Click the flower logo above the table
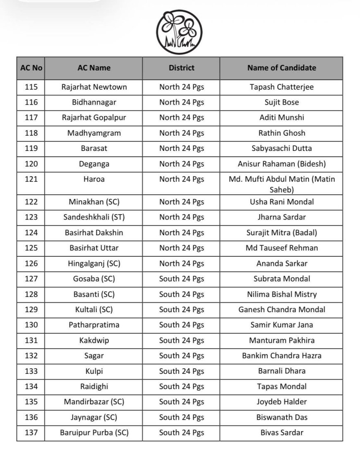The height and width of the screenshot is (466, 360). [180, 32]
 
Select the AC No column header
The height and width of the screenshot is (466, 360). [31, 68]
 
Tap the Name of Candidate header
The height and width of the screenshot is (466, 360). [281, 68]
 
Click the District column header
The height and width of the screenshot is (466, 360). [181, 68]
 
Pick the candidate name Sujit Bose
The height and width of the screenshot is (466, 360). [281, 102]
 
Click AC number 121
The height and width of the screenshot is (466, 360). [31, 179]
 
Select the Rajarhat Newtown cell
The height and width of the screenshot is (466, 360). [94, 87]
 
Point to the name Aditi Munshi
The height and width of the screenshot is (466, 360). [281, 117]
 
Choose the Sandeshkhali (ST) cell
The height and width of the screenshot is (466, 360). [94, 217]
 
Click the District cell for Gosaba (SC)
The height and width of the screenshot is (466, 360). [181, 279]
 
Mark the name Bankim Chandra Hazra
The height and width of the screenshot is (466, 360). [281, 356]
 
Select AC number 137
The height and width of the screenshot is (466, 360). [31, 433]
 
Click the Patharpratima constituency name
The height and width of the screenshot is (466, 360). [94, 325]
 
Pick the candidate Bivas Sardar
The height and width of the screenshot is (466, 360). [281, 433]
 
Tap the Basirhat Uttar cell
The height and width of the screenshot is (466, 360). [94, 248]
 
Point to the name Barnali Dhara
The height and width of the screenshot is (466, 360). [281, 371]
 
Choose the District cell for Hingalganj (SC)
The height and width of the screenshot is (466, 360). [181, 263]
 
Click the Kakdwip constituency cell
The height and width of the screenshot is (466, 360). [94, 340]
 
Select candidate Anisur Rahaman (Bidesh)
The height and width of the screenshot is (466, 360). [281, 164]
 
